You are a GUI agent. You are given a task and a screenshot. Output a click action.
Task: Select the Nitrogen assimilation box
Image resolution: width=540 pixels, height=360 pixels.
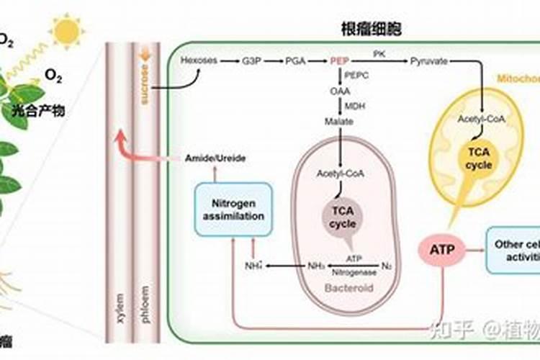pyautogui.click(x=233, y=209)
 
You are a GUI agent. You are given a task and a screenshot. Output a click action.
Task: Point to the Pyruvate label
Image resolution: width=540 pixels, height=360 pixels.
pyautogui.click(x=429, y=61)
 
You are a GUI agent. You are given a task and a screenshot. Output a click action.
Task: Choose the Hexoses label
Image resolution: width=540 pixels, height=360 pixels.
pyautogui.click(x=199, y=61)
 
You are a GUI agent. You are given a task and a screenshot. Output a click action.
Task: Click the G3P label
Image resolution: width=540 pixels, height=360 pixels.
pyautogui.click(x=251, y=61)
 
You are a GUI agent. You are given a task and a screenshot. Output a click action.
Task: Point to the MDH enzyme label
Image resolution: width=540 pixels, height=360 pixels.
pyautogui.click(x=354, y=107)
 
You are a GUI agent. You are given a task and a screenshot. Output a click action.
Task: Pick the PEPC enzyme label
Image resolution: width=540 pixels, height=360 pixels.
pyautogui.click(x=356, y=76)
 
